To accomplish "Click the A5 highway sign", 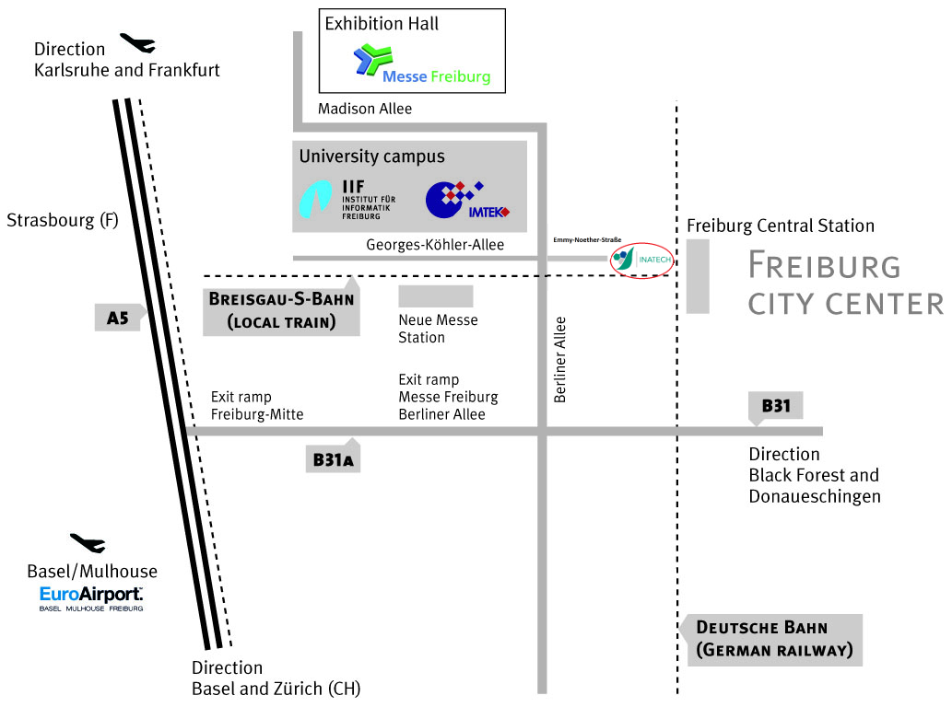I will (118, 318).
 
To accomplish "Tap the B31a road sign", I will (333, 458).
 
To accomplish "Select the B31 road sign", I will (776, 406).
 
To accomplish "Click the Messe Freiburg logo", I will (422, 64).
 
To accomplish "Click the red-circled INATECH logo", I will (642, 261).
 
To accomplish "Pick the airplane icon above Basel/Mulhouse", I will (88, 543).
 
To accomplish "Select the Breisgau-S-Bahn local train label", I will (281, 310).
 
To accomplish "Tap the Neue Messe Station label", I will (438, 329).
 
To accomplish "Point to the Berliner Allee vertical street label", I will (560, 360).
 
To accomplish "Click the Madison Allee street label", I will (365, 109).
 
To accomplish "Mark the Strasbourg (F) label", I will (63, 221).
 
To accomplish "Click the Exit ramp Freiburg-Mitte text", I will (256, 405).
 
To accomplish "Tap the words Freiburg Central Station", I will (781, 226).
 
